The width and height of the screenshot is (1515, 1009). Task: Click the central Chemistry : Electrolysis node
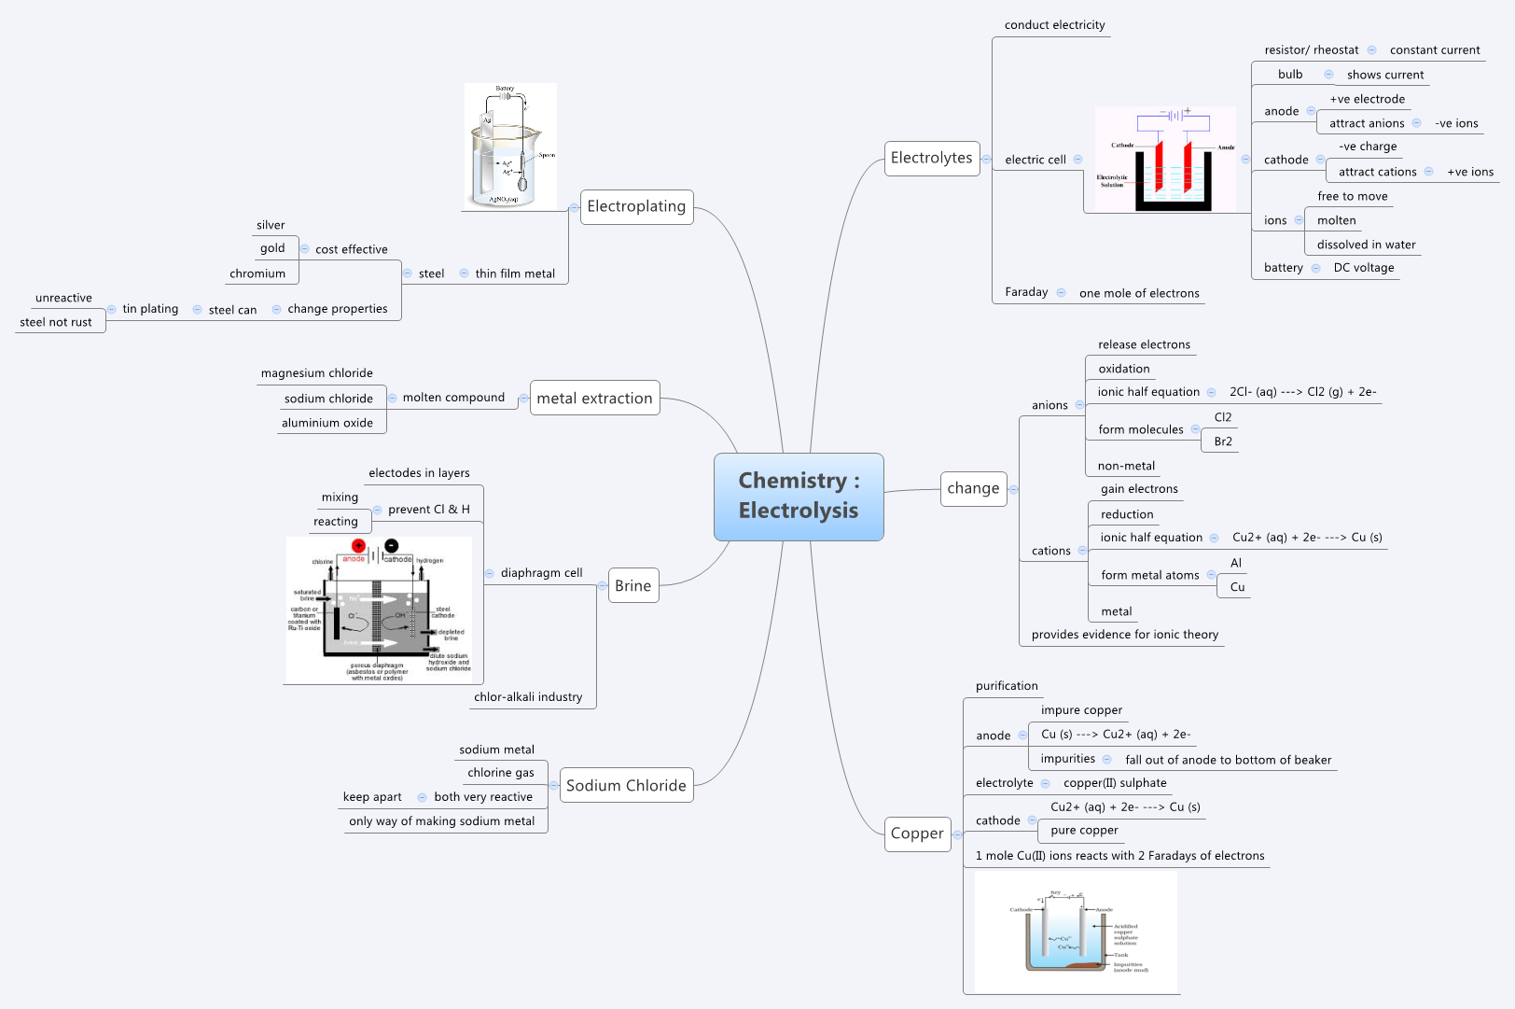pyautogui.click(x=799, y=496)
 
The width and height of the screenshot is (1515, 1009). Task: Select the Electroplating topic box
pyautogui.click(x=636, y=206)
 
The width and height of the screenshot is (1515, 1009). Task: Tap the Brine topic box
pyautogui.click(x=632, y=585)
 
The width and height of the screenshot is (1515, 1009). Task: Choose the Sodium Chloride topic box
pyautogui.click(x=626, y=785)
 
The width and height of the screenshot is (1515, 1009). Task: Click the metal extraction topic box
pyautogui.click(x=594, y=398)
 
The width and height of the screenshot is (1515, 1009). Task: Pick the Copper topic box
pyautogui.click(x=917, y=833)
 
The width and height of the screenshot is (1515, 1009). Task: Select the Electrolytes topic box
pyautogui.click(x=931, y=158)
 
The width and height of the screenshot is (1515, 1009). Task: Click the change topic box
pyautogui.click(x=973, y=488)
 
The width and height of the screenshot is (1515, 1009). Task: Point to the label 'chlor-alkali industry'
pyautogui.click(x=528, y=697)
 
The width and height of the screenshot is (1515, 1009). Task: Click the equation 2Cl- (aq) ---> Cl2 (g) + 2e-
pyautogui.click(x=1302, y=392)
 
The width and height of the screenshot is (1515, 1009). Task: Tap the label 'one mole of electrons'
pyautogui.click(x=1139, y=293)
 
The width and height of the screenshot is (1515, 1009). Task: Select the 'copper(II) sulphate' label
pyautogui.click(x=1115, y=783)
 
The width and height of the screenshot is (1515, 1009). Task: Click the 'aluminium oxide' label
pyautogui.click(x=327, y=423)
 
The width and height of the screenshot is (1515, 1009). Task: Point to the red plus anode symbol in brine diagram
pyautogui.click(x=358, y=546)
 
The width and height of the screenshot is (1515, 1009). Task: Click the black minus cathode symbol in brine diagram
pyautogui.click(x=392, y=546)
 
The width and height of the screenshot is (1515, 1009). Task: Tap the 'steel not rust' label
pyautogui.click(x=56, y=322)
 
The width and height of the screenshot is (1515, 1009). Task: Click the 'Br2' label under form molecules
pyautogui.click(x=1223, y=441)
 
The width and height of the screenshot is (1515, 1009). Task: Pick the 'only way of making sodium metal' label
pyautogui.click(x=441, y=821)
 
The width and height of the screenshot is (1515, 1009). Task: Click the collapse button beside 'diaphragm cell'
pyautogui.click(x=490, y=573)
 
